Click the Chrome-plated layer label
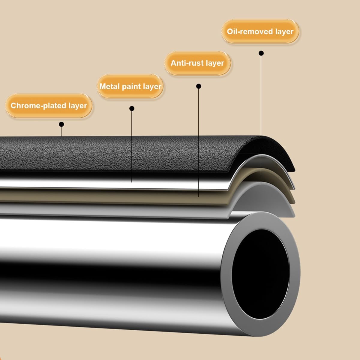49,106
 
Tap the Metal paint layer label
130,86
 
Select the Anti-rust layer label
197,63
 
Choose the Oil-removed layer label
260,31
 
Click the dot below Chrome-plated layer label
61,124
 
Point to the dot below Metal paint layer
132,109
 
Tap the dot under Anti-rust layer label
199,86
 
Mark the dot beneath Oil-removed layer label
261,53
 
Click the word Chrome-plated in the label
38,106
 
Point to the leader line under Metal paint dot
132,147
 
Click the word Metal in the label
110,86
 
